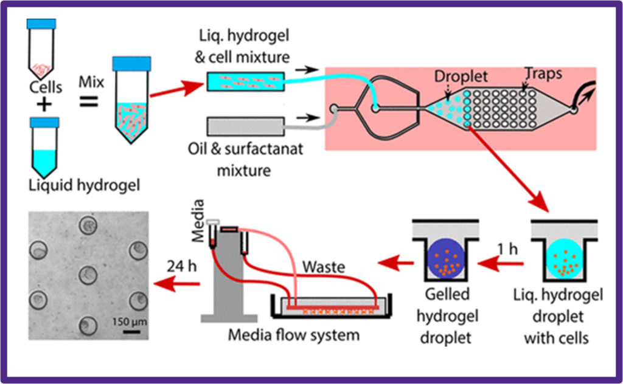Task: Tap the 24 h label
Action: tap(181, 266)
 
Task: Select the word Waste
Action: tap(324, 267)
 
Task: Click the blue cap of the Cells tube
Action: tap(41, 23)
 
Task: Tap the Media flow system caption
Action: tap(294, 334)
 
